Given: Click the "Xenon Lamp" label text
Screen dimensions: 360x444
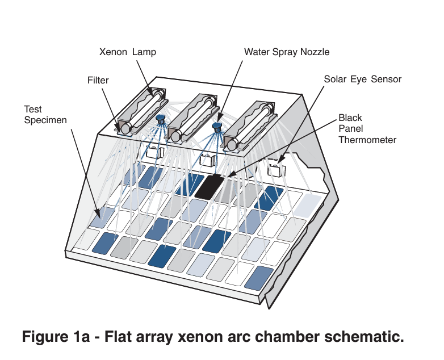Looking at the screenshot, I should [x=127, y=52].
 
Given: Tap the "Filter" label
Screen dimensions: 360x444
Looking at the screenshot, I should [x=98, y=80].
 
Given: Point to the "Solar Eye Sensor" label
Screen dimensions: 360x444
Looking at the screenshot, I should [x=362, y=79].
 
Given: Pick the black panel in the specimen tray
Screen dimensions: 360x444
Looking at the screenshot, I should [x=209, y=186].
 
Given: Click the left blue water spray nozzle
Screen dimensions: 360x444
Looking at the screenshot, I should [x=161, y=120].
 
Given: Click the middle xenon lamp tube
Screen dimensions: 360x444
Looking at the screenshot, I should [x=195, y=117].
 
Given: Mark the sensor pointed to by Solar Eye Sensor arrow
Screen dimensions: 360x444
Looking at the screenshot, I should [x=276, y=169].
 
